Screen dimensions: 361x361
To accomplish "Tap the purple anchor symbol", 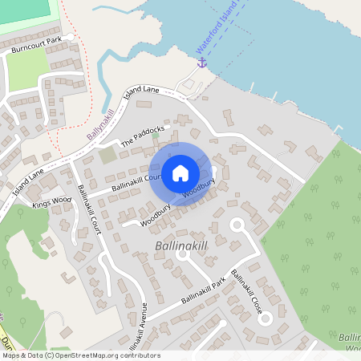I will point(202,62).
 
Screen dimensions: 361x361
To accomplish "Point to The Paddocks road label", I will point(142,135).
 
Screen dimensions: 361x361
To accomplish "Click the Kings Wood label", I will point(51,201).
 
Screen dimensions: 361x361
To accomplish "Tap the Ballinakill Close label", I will point(246,291).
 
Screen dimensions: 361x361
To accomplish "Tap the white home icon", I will point(180,172).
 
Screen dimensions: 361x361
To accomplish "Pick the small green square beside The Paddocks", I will point(107,155).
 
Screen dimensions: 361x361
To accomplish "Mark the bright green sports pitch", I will point(29,10).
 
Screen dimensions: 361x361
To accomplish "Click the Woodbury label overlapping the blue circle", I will point(199,189).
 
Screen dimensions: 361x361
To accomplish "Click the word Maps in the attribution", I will point(12,355).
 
